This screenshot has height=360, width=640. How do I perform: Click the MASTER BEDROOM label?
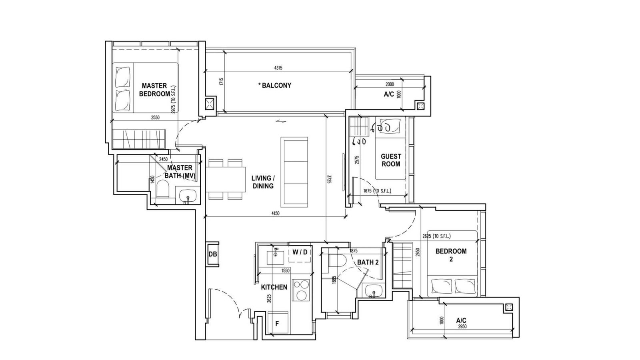pos(154,90)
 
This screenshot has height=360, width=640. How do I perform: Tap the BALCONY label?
pos(274,86)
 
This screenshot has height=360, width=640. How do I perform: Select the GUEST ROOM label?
pos(391,160)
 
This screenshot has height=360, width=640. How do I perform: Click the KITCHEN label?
pos(274,287)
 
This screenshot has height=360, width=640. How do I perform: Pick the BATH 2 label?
pos(368,262)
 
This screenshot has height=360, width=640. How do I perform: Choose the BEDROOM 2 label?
pos(451,255)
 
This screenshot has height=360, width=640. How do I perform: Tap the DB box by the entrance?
pos(213,254)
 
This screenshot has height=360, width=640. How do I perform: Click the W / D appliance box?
pos(300,252)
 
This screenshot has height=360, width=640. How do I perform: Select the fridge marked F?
pos(278,323)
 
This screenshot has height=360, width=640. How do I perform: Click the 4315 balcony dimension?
pos(278,68)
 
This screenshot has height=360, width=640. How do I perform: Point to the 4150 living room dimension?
pos(275,214)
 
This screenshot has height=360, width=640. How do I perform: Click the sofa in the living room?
pos(294,172)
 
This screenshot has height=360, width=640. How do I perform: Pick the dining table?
pos(226,180)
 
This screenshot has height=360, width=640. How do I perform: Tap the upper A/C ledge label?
pos(389,94)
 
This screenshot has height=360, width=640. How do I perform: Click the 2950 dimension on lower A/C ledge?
pos(462,326)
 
